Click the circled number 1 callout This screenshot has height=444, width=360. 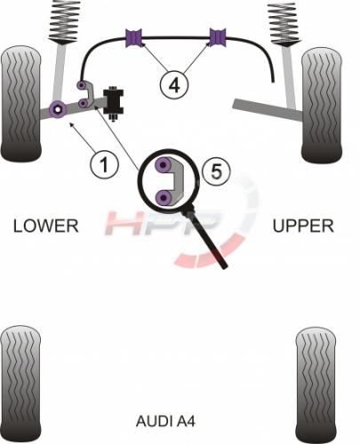tap(104, 164)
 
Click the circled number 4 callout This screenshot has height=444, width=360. tap(174, 85)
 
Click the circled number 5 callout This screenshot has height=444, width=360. tap(216, 171)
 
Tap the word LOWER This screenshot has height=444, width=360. tap(46, 226)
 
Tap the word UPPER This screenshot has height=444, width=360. tap(303, 226)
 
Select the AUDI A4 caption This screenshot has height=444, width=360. tap(165, 421)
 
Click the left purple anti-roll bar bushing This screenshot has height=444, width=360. tap(134, 37)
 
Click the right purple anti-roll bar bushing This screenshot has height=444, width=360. tap(218, 37)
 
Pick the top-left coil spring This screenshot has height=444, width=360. tap(63, 21)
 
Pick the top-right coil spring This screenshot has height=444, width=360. tap(282, 24)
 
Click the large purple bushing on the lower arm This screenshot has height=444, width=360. tap(58, 109)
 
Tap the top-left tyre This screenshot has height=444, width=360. tap(20, 103)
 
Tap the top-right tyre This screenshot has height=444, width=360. tap(322, 106)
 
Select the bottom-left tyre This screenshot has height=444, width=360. tap(20, 385)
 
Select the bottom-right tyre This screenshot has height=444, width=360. tap(316, 385)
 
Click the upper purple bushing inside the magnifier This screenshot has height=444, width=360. tap(164, 165)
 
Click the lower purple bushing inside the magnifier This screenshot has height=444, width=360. tap(164, 197)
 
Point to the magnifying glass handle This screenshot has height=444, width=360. tap(206, 239)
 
